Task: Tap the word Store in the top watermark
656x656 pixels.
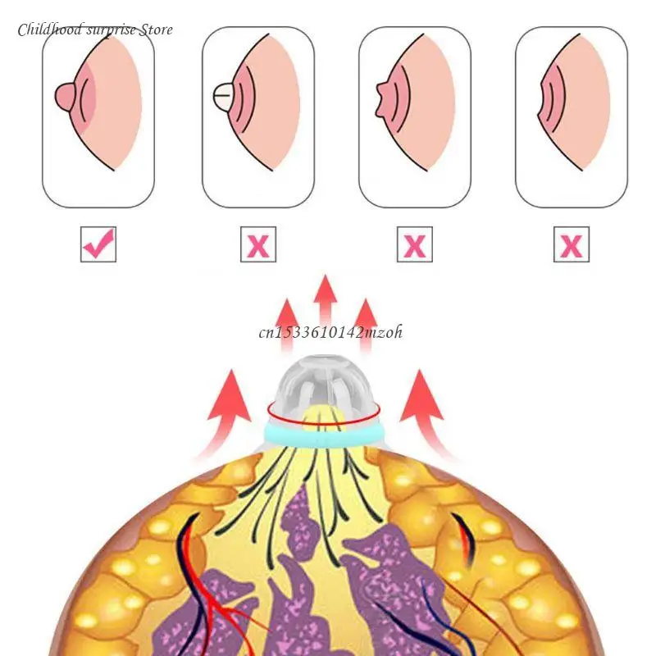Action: click(154, 30)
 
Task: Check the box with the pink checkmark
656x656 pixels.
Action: click(98, 244)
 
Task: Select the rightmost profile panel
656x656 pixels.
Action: click(571, 117)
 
